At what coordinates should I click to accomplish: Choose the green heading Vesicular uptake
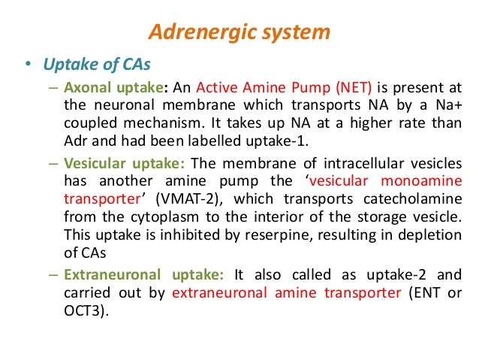click(115, 163)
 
